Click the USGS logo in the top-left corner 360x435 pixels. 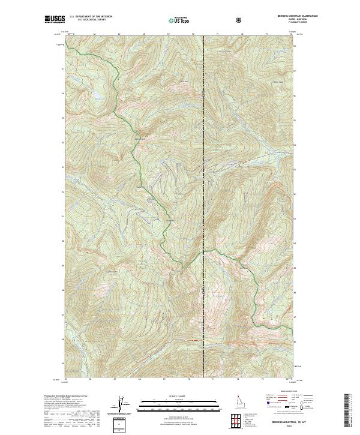[53, 19]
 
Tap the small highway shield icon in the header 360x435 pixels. [240, 20]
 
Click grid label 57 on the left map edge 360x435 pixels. [62, 68]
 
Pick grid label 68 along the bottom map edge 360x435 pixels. [139, 379]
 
